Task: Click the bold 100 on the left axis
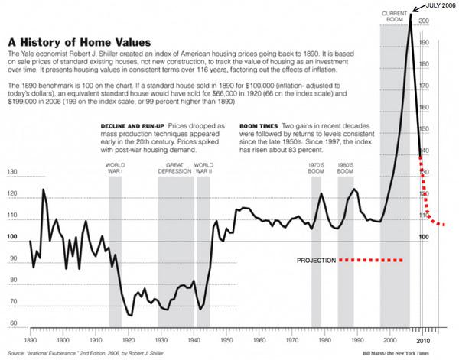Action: (x=11, y=237)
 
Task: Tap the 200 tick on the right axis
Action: (x=424, y=21)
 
